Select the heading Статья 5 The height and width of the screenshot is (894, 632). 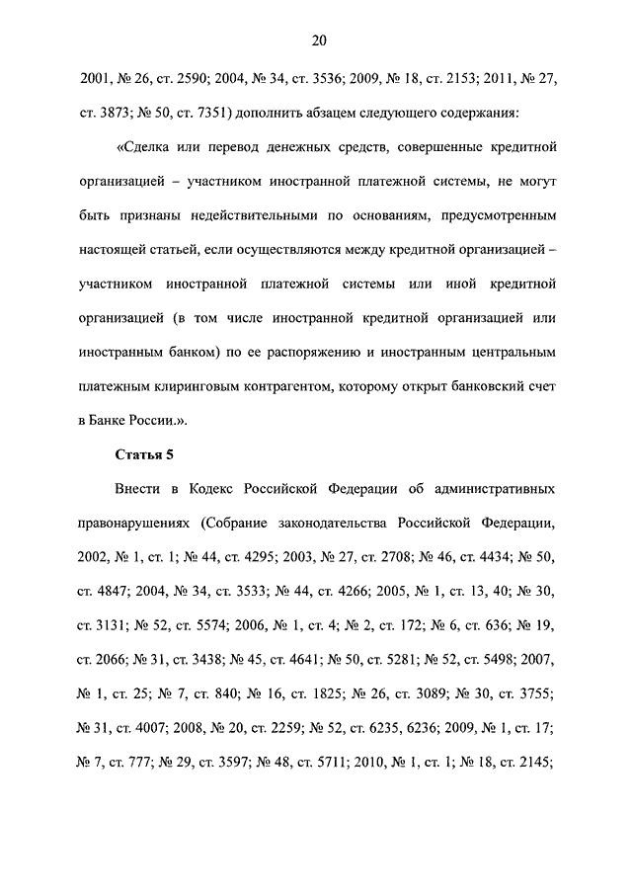click(144, 454)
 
